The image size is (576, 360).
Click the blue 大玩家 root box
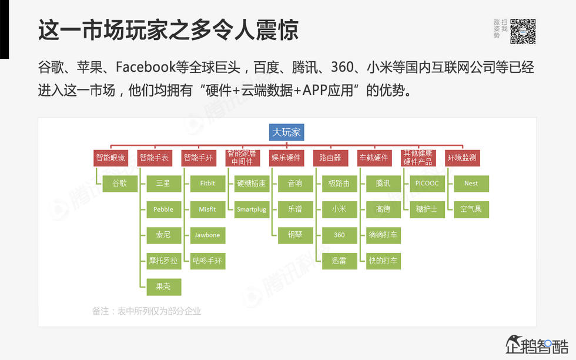point(286,132)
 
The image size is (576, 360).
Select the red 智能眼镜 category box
point(110,158)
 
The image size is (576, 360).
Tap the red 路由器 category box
point(330,158)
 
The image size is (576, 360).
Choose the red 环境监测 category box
point(462,158)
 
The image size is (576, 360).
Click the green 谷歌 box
point(119,184)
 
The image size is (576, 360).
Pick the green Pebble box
point(163,209)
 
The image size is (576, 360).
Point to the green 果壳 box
point(163,286)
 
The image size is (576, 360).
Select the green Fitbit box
point(207,184)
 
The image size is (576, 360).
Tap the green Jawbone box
point(207,235)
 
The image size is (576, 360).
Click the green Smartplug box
point(251,209)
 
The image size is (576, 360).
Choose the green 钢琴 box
point(295,235)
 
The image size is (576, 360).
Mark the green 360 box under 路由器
point(339,235)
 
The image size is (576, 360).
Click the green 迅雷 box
point(339,261)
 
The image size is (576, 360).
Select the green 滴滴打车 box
point(383,235)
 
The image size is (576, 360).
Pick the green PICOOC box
point(427,184)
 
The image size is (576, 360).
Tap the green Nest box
point(471,184)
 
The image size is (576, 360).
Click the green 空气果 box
point(471,209)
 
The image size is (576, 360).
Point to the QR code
point(523,31)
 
